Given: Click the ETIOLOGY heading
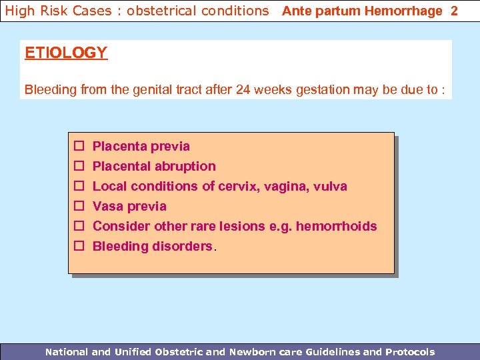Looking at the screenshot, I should pyautogui.click(x=66, y=53).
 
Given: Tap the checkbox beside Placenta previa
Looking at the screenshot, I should pyautogui.click(x=78, y=146).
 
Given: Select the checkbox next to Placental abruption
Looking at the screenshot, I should pyautogui.click(x=78, y=166).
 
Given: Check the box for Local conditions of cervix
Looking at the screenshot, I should pyautogui.click(x=78, y=186).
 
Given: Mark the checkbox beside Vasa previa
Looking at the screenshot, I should pyautogui.click(x=78, y=206).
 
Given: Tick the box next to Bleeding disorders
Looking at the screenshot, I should pyautogui.click(x=78, y=246).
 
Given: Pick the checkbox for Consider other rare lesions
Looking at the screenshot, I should pyautogui.click(x=78, y=226).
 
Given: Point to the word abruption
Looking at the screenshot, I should pyautogui.click(x=185, y=166).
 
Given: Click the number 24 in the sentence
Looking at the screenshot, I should pyautogui.click(x=243, y=90).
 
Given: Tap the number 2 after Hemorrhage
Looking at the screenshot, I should pyautogui.click(x=455, y=11).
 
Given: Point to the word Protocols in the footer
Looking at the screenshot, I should pyautogui.click(x=409, y=351).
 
